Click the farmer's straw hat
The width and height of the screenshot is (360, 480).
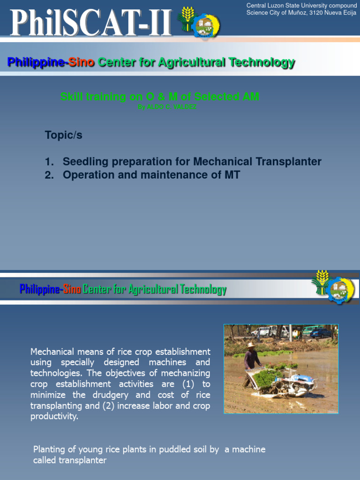(x=251, y=345)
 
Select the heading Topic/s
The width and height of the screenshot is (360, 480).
(x=63, y=135)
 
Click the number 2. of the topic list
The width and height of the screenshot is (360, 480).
(x=49, y=175)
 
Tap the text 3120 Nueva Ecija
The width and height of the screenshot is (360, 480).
(x=332, y=13)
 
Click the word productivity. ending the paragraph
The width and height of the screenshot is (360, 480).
(x=54, y=416)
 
